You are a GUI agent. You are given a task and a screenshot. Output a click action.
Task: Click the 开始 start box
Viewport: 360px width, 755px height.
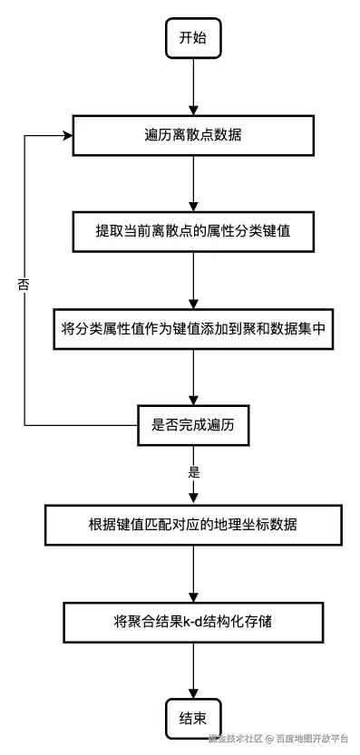(x=193, y=38)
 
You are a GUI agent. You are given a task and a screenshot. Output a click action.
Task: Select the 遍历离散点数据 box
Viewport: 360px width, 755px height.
(x=193, y=135)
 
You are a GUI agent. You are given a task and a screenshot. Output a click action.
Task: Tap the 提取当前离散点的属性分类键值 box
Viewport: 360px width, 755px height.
(x=193, y=231)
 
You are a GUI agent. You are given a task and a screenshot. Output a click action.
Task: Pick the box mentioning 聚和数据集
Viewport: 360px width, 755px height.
(x=193, y=329)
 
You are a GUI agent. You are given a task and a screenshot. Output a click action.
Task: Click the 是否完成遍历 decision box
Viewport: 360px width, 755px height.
(x=193, y=425)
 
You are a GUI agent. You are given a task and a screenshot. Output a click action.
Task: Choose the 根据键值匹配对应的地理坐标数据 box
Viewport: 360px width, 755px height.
(x=193, y=525)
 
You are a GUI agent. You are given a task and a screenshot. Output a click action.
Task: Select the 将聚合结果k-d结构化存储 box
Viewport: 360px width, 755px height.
(x=193, y=622)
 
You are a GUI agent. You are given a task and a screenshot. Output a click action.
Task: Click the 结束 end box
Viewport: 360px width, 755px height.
(x=193, y=719)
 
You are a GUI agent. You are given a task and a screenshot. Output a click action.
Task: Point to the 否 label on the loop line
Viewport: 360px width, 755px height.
(x=24, y=284)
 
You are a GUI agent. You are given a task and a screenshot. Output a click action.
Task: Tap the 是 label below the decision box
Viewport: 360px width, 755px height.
(x=193, y=472)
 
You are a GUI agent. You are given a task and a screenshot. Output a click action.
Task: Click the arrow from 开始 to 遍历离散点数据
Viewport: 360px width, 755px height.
(x=193, y=87)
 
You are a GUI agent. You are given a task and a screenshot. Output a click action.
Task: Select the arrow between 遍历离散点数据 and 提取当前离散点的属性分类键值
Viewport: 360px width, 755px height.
(x=193, y=183)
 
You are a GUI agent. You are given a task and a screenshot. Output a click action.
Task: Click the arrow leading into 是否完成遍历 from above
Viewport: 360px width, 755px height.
(x=193, y=377)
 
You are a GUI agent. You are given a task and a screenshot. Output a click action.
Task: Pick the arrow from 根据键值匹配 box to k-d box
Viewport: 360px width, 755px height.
(x=193, y=573)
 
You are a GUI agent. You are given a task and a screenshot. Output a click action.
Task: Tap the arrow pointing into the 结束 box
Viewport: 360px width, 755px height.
(x=193, y=671)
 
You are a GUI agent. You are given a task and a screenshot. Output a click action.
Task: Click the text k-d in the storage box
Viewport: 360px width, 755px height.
(x=190, y=622)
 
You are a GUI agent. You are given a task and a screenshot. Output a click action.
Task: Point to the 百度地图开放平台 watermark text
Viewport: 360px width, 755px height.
(x=312, y=738)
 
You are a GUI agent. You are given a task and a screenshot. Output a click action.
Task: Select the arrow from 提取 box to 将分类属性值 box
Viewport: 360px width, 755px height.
(x=193, y=280)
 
